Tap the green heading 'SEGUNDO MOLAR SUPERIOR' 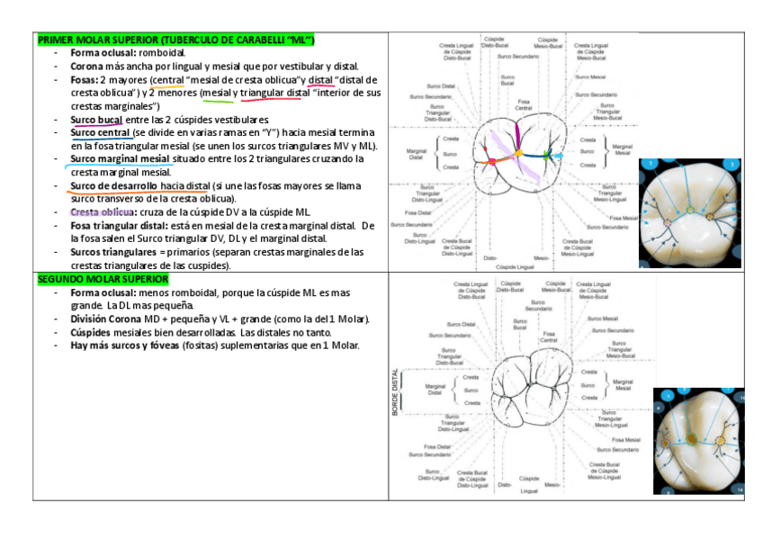(103, 279)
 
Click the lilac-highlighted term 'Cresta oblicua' (101, 211)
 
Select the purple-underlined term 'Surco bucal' (96, 120)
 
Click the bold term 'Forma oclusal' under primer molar (101, 53)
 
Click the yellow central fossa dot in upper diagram (517, 154)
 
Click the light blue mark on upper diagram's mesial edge (559, 156)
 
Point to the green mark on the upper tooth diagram (545, 156)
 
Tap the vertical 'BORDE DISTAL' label (396, 391)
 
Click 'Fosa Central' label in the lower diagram (548, 337)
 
